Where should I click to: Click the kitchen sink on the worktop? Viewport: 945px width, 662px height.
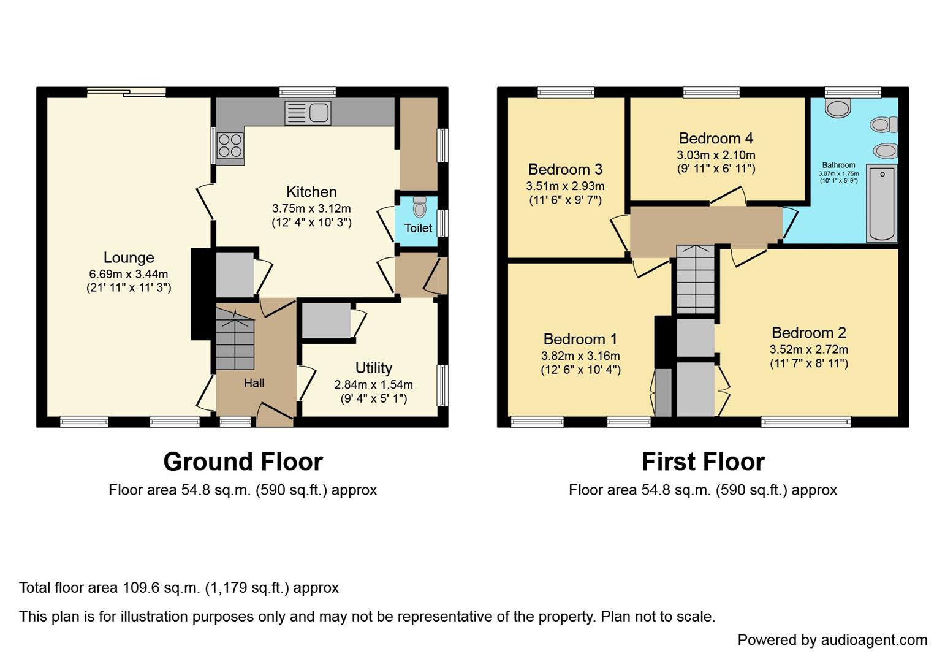click(308, 113)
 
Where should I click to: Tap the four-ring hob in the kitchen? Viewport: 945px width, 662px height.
click(230, 146)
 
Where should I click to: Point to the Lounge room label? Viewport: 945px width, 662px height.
click(129, 257)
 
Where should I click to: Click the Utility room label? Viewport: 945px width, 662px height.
click(373, 368)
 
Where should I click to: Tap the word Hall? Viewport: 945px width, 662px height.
click(254, 383)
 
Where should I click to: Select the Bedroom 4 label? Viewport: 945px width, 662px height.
click(716, 139)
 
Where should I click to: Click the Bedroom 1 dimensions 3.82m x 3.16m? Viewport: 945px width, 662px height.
click(580, 356)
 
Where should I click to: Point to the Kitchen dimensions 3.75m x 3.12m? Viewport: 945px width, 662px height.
click(311, 208)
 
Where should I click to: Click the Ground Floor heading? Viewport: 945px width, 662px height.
click(243, 462)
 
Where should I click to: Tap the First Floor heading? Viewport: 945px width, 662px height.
click(703, 462)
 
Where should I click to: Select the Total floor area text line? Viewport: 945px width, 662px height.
click(179, 588)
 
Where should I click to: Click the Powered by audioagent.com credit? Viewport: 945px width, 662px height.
click(832, 640)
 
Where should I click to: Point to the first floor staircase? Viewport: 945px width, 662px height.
click(696, 279)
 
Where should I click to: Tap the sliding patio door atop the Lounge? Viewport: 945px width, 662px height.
click(126, 92)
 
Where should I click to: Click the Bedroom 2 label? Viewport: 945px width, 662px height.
click(808, 333)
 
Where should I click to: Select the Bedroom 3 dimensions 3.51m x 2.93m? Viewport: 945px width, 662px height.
click(565, 186)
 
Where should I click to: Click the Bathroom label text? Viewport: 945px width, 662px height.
click(838, 165)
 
